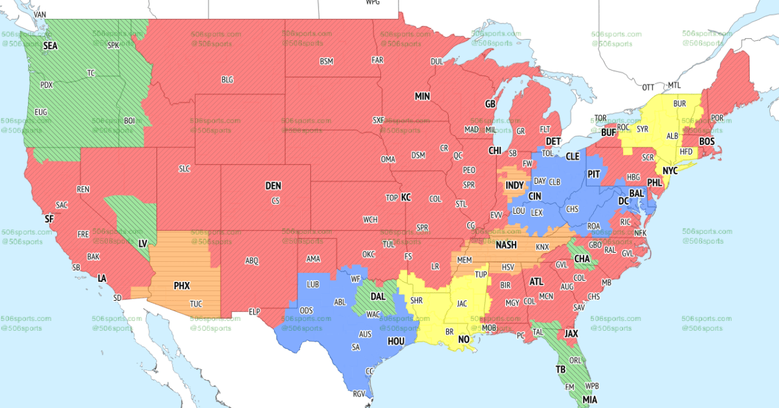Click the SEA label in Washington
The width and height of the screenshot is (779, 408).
click(x=50, y=46)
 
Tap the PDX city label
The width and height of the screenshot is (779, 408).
click(x=47, y=85)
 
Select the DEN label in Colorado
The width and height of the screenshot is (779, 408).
click(x=273, y=186)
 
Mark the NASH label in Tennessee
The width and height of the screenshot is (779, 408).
click(x=506, y=245)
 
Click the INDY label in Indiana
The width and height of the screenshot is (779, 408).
click(x=514, y=186)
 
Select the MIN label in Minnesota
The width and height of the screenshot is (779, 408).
click(x=423, y=96)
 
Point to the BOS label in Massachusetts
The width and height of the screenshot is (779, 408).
click(x=706, y=142)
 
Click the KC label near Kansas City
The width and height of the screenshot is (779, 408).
click(x=406, y=198)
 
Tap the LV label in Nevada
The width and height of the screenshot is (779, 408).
click(x=143, y=243)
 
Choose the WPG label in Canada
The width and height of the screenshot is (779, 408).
click(x=373, y=3)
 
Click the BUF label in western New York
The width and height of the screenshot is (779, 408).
click(x=608, y=133)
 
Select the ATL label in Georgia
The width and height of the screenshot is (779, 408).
click(x=536, y=282)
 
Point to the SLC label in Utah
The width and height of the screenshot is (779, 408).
click(x=184, y=168)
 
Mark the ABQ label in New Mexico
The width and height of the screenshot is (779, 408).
click(x=252, y=261)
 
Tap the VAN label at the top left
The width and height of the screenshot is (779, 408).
click(x=40, y=14)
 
